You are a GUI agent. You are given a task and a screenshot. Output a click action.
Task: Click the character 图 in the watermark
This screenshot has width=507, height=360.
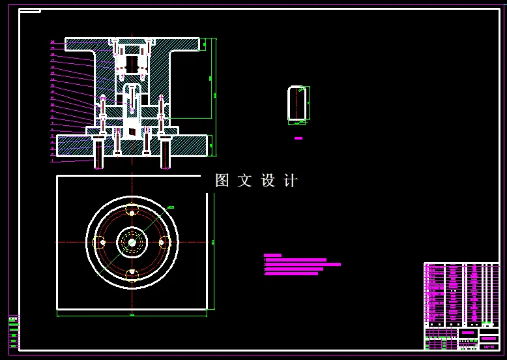coord(222,181)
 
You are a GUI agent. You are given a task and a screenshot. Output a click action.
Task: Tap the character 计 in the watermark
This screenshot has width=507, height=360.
coord(291,181)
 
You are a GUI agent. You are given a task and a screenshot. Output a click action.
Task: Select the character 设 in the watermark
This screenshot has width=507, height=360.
coord(268,181)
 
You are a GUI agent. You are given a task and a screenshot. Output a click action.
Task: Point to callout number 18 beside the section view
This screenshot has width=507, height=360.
coord(52,55)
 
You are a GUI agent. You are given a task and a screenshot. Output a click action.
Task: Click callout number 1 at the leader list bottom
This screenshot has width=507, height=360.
coord(52,160)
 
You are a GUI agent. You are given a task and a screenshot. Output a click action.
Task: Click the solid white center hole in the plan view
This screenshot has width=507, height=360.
coord(132,242)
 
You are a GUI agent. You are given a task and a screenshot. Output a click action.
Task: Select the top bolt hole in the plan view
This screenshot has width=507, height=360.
coord(132,213)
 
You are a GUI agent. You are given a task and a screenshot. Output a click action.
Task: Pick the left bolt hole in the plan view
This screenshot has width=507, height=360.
coord(100,243)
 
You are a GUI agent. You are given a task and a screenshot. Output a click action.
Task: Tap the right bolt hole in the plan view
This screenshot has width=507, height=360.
coord(162,242)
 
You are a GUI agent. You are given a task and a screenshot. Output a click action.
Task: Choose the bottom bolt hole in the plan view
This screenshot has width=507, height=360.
coord(132,272)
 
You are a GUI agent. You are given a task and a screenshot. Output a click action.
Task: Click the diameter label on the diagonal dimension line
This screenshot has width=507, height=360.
coord(171,207)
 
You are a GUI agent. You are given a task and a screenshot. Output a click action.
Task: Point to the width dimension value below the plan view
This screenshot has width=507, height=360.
coord(132,315)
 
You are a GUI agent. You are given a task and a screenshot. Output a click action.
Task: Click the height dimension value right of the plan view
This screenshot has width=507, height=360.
coord(213,242)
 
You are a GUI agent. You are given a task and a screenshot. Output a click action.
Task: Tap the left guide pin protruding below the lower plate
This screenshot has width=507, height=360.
coord(98,155)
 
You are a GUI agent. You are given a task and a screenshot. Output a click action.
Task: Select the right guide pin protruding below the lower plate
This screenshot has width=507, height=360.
coord(166,155)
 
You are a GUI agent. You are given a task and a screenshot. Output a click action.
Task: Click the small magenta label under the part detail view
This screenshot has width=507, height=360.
coord(298,138)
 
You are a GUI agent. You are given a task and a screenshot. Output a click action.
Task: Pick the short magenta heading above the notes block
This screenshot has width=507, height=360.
coord(272,255)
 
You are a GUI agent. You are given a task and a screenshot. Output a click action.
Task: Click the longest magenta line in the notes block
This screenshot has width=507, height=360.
coord(302,264)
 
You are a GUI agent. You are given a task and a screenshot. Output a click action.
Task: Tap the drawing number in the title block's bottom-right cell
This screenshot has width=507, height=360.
coord(488,346)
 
